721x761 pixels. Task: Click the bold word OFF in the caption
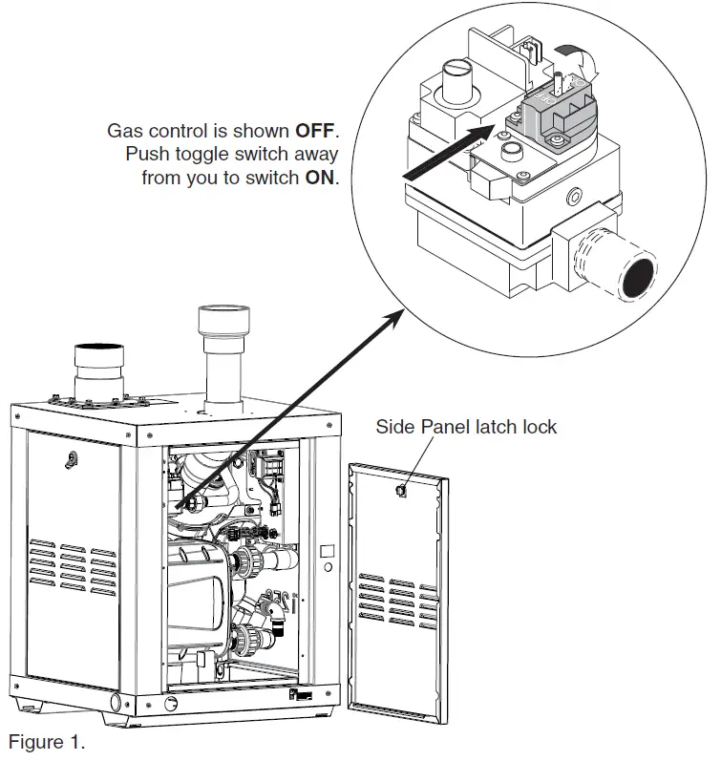click(316, 131)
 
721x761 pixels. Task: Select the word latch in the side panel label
click(488, 426)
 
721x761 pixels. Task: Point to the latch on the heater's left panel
click(69, 459)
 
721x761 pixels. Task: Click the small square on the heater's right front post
click(324, 551)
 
